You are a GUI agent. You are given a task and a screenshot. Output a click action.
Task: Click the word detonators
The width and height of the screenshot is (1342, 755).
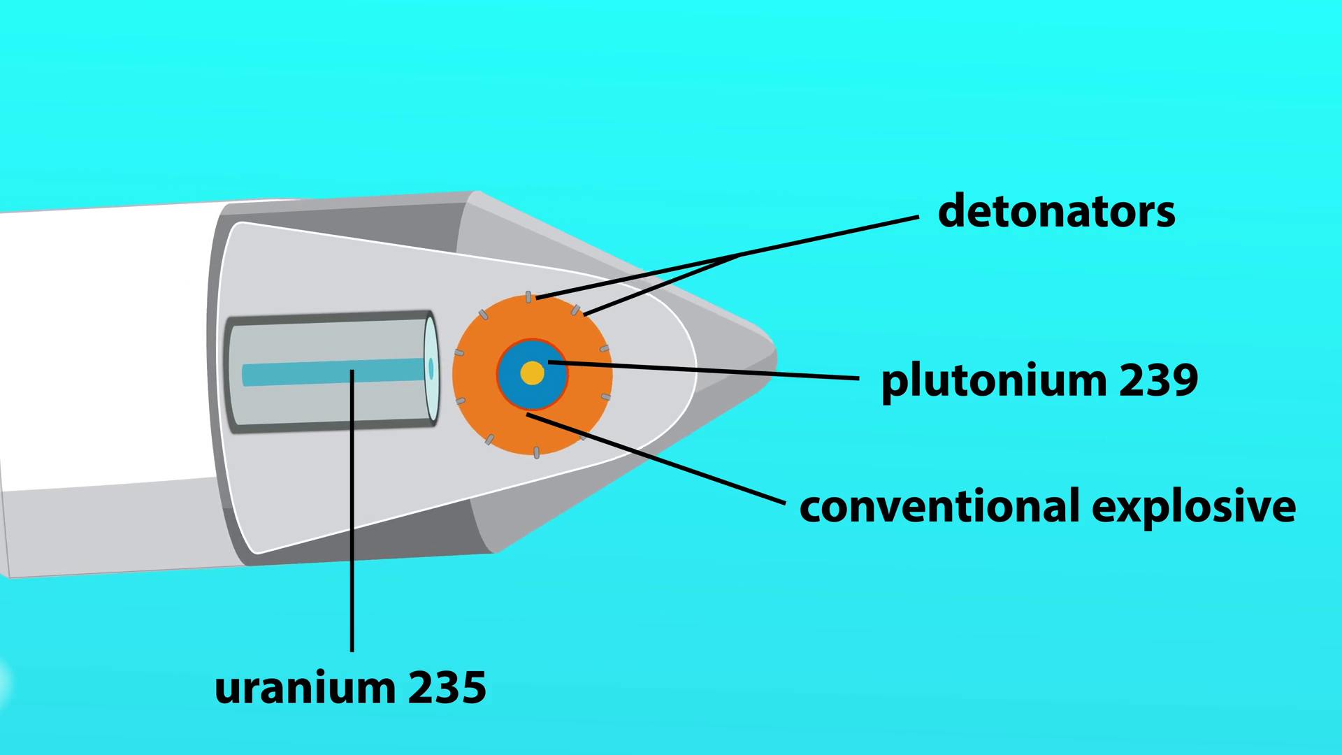point(1056,211)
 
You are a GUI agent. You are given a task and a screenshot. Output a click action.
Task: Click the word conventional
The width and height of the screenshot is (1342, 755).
point(939,506)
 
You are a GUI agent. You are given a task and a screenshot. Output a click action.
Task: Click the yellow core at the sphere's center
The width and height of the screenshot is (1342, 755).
point(532,373)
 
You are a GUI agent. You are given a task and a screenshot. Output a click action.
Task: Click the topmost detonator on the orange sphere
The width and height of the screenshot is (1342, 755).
point(528,297)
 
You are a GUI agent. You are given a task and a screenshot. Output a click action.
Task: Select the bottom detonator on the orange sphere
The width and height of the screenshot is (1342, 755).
point(536,452)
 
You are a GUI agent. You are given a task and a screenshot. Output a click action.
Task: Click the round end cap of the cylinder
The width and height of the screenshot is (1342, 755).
point(431,368)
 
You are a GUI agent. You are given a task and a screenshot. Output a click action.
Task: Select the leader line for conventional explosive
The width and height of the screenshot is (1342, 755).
point(657,459)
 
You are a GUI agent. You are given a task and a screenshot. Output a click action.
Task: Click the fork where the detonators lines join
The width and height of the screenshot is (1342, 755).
point(739,256)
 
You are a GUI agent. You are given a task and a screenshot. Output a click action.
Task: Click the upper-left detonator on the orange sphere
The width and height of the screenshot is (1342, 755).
point(483,314)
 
